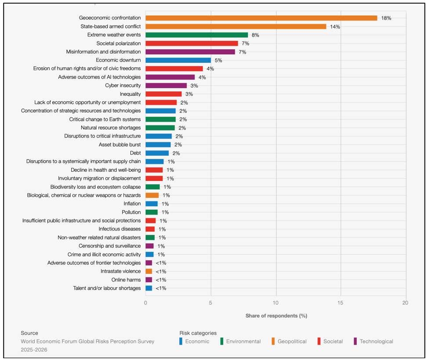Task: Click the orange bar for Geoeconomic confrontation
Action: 261,18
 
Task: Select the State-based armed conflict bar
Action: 236,26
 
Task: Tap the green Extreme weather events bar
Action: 196,35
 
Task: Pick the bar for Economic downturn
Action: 178,60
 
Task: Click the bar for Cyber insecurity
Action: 166,86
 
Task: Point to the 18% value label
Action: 386,18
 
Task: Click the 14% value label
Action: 335,27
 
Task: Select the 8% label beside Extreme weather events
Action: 255,35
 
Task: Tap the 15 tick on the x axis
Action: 341,302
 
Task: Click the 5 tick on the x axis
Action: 210,302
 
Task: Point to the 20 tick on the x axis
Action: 405,302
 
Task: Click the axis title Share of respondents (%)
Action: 276,316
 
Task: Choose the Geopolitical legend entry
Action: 292,341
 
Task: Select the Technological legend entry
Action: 376,341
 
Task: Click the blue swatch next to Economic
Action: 181,341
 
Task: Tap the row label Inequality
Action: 130,94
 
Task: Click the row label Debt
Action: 135,153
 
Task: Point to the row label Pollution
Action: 131,212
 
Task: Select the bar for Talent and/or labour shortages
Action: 149,288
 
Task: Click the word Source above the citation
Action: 29,333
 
